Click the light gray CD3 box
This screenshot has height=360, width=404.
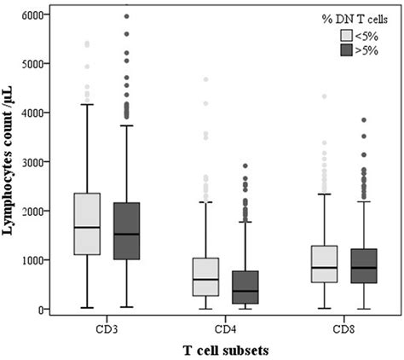click(87, 224)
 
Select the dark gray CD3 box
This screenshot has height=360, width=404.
click(126, 230)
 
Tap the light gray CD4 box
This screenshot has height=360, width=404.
click(205, 276)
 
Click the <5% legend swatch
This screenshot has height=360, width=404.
click(347, 36)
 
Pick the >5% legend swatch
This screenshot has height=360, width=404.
click(347, 51)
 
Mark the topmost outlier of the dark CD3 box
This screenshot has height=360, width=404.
click(126, 15)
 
